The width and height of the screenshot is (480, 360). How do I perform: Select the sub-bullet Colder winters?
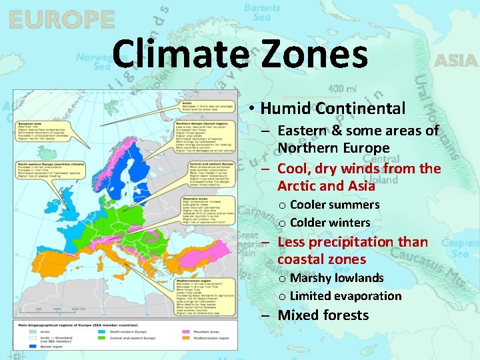[x=330, y=223]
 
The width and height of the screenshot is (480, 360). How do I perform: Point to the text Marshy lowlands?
[x=337, y=278]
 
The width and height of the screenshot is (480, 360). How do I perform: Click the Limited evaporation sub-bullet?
[x=345, y=296]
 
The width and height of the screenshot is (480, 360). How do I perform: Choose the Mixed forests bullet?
[x=323, y=315]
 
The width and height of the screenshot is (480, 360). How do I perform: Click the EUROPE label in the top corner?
[x=61, y=19]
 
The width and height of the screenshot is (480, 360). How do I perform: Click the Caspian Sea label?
[x=460, y=248]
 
